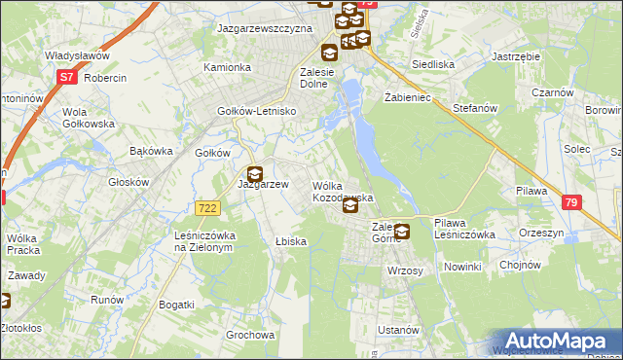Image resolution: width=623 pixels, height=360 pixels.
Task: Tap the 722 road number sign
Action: click(x=205, y=208)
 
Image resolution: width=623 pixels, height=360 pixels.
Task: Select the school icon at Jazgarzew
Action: click(x=253, y=174)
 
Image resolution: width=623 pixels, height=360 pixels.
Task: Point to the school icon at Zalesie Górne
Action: click(x=402, y=232)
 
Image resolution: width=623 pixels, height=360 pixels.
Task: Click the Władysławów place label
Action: click(x=75, y=56)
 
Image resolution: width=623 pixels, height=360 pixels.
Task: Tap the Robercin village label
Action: click(x=106, y=76)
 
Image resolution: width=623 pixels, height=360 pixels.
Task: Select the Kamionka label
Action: click(x=227, y=68)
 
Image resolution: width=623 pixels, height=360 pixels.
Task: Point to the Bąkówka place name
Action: click(x=150, y=152)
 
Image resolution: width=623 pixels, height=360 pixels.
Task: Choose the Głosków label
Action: click(x=128, y=182)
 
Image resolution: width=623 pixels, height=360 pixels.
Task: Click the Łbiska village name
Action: click(x=290, y=241)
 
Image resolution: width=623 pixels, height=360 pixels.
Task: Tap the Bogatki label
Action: click(x=176, y=305)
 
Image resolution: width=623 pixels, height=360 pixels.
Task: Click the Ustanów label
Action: click(x=398, y=330)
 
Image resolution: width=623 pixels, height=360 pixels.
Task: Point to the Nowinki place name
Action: click(x=462, y=267)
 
